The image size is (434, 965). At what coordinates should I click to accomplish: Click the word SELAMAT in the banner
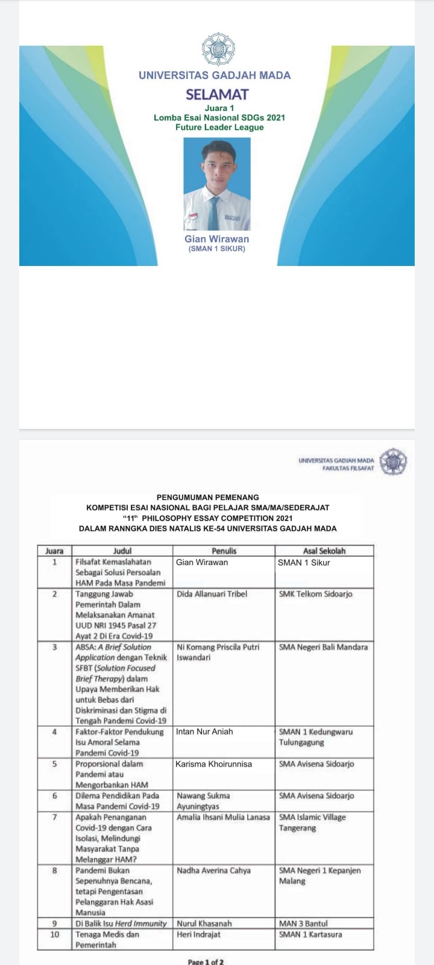[x=217, y=94]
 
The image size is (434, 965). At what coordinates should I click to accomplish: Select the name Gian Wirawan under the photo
[x=216, y=239]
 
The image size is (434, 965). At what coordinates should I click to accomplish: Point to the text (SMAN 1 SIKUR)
[x=217, y=248]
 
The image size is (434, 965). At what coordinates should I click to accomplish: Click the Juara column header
[x=54, y=551]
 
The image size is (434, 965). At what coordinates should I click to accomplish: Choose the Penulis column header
[x=224, y=551]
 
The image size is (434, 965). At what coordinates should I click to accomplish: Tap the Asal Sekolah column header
[x=324, y=551]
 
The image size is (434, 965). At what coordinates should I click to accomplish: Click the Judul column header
[x=122, y=551]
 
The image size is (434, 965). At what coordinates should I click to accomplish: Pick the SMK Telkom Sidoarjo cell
[x=315, y=594]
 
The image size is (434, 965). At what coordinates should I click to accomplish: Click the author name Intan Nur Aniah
[x=204, y=732]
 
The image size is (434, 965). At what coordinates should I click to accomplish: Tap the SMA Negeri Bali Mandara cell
[x=323, y=647]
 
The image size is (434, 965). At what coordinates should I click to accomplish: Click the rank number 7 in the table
[x=54, y=817]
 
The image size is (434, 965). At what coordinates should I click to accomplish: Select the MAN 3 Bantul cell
[x=303, y=923]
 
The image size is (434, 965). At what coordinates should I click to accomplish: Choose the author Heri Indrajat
[x=198, y=934]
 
